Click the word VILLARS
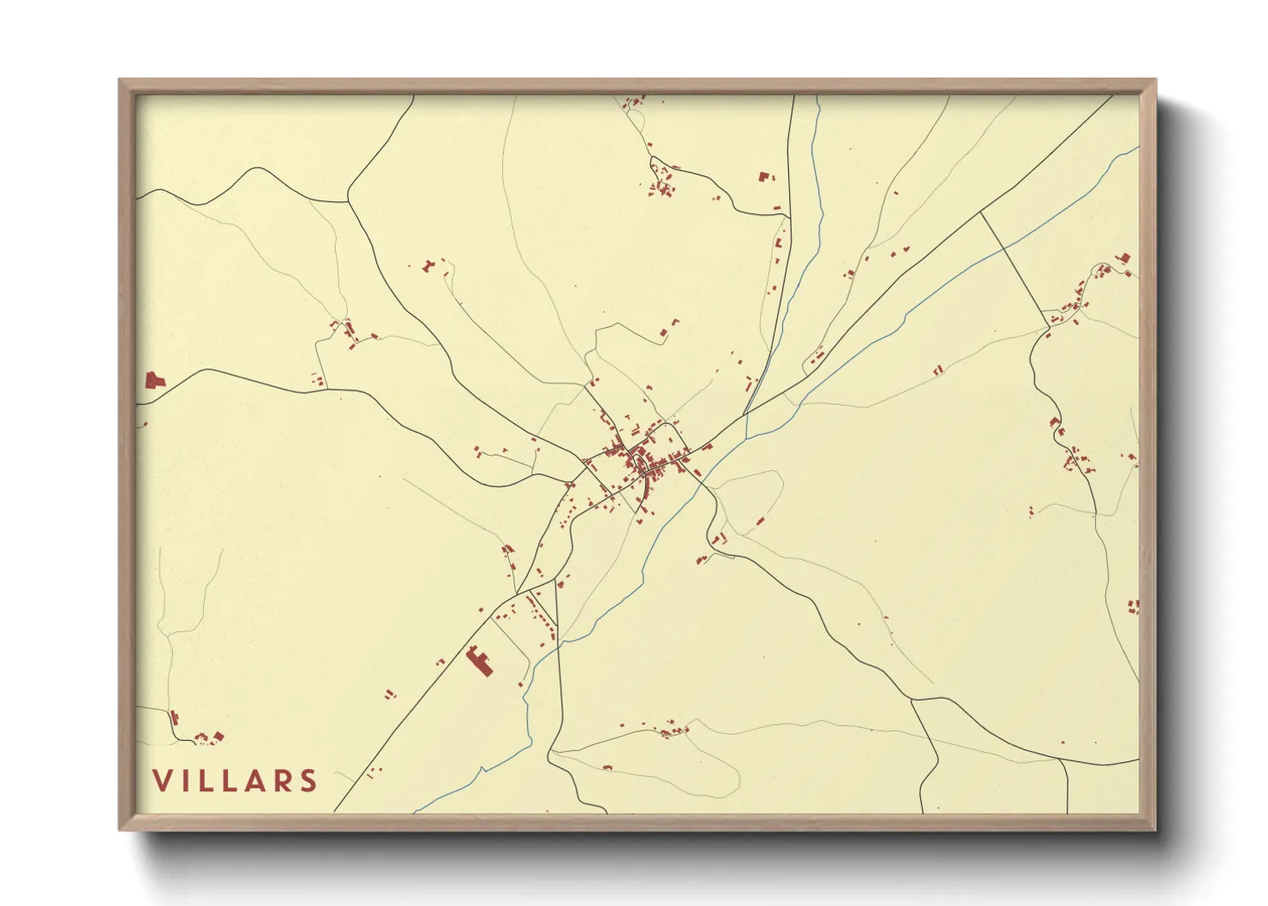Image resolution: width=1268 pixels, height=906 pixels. click(x=235, y=780)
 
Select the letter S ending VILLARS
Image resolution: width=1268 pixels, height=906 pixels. click(x=308, y=780)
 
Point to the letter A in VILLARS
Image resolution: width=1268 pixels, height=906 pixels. click(x=254, y=780)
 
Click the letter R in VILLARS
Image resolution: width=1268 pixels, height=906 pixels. click(x=282, y=780)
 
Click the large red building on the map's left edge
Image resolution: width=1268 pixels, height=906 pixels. click(x=154, y=380)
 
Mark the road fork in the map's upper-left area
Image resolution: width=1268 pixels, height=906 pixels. click(x=348, y=202)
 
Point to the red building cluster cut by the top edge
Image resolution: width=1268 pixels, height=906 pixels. click(x=635, y=102)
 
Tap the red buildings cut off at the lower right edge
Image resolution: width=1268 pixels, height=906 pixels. click(x=1133, y=606)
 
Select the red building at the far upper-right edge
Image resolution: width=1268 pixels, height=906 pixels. click(x=1123, y=258)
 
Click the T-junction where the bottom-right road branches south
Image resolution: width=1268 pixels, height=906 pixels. click(x=1063, y=759)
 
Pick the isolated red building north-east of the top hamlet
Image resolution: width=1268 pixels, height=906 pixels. click(x=764, y=177)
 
